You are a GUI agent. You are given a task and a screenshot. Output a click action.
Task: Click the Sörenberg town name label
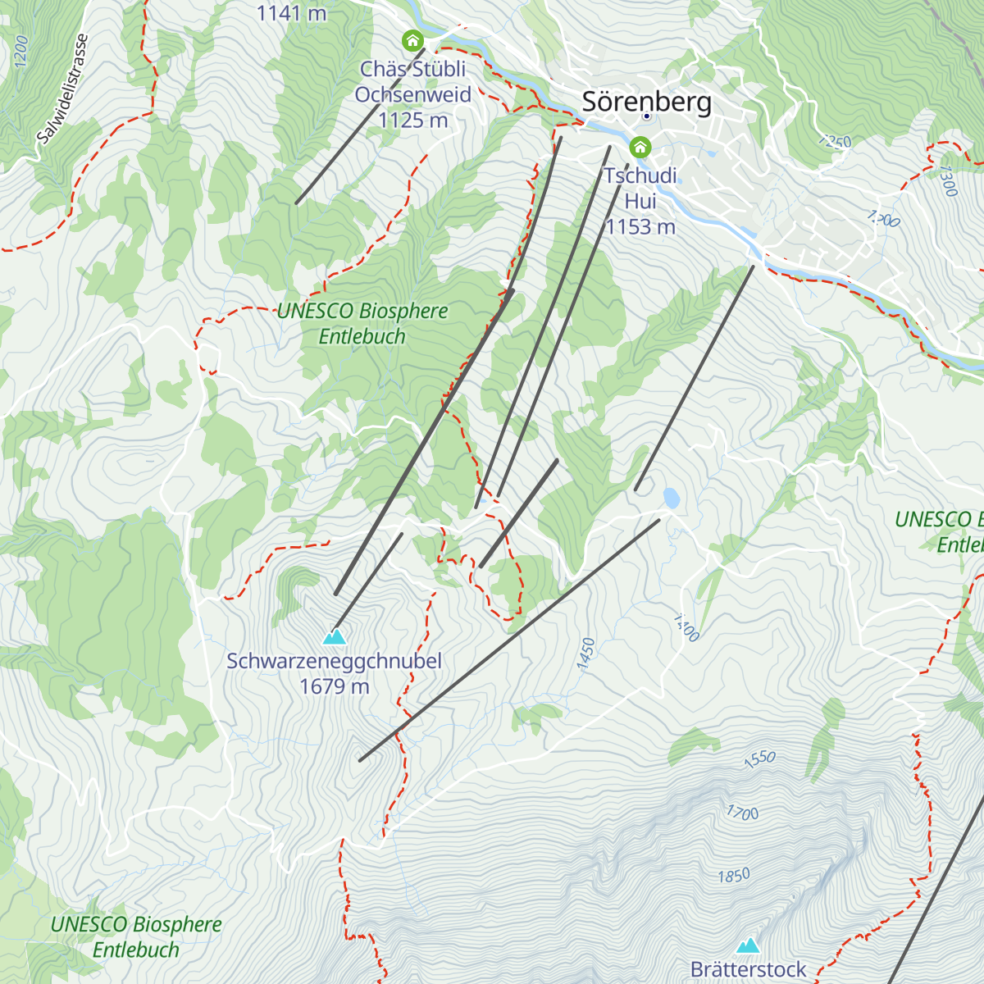point(646,102)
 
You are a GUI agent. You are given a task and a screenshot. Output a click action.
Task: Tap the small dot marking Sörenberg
point(646,116)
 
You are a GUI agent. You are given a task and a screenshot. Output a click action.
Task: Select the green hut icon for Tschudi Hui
point(640,148)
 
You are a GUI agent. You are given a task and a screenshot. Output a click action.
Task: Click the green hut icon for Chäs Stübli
point(412,40)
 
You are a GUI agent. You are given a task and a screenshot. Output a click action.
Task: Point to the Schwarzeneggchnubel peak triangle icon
point(334,636)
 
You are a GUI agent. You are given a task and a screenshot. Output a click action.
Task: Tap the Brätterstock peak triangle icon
point(747,945)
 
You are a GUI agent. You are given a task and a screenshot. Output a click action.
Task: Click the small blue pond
point(672,497)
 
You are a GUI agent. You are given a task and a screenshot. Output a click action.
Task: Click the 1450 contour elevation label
point(585,654)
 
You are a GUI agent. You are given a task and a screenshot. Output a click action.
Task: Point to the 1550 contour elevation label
point(759,758)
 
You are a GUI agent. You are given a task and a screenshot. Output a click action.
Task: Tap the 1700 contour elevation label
point(742,813)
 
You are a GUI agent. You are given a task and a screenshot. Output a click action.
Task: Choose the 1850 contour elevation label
point(733,876)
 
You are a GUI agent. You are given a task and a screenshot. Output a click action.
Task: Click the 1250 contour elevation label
point(834,142)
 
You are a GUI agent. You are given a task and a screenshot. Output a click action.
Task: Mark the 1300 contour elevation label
point(947,181)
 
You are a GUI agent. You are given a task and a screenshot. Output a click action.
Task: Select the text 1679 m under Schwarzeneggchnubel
point(334,686)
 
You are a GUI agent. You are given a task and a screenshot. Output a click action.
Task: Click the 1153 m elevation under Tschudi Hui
point(640,226)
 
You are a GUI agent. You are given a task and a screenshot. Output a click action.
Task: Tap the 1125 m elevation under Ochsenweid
point(412,120)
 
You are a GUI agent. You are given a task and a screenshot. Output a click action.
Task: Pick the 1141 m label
point(291,12)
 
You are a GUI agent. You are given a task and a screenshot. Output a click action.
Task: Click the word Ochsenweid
point(412,94)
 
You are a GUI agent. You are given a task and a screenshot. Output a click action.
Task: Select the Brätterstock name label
point(748,969)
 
